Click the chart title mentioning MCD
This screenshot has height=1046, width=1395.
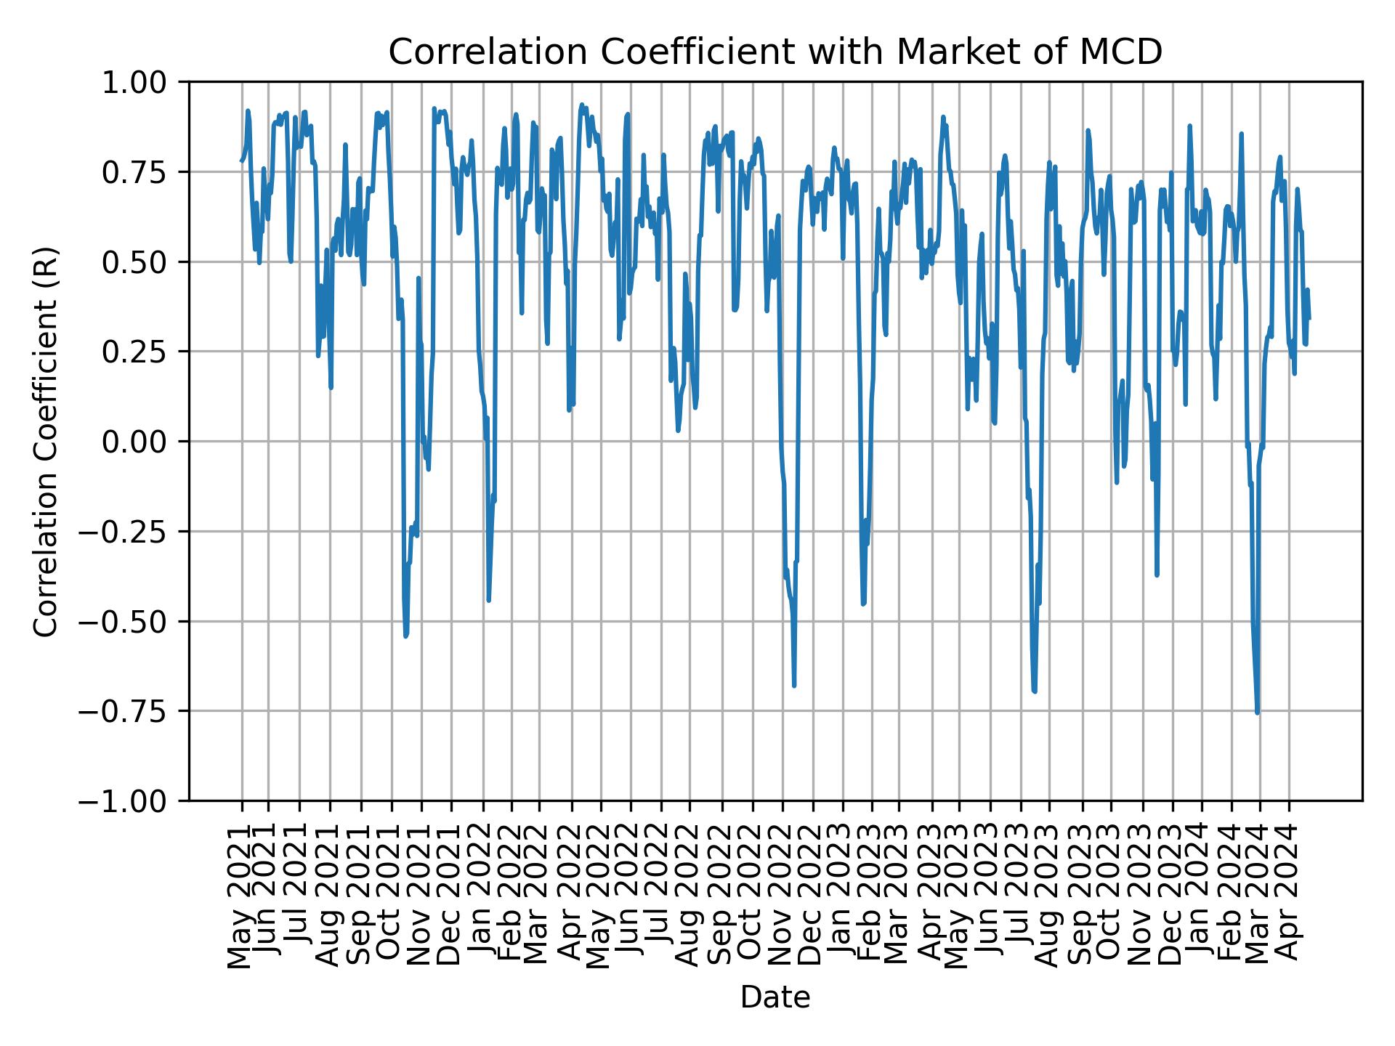click(x=775, y=52)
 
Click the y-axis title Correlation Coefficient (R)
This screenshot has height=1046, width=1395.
click(x=46, y=441)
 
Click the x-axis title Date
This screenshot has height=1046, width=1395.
click(x=775, y=998)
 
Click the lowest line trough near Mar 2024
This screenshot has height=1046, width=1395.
click(x=1257, y=713)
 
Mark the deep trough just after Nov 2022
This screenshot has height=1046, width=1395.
click(x=794, y=685)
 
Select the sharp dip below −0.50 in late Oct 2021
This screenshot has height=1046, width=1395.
click(x=405, y=636)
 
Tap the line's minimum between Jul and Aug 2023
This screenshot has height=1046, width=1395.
click(x=1035, y=692)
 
